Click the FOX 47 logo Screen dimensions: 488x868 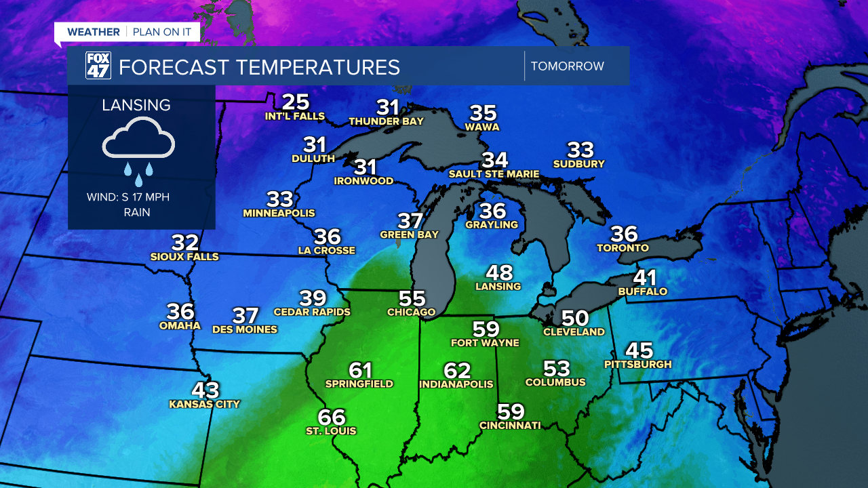(98, 66)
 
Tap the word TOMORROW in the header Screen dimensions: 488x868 (567, 66)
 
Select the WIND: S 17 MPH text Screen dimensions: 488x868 (128, 197)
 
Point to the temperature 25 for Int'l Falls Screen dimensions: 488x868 (296, 102)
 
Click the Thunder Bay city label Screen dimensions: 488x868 (386, 121)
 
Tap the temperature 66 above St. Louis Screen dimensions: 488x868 (332, 417)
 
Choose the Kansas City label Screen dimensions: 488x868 (205, 404)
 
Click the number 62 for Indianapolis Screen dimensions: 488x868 (457, 371)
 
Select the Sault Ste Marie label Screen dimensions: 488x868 (494, 174)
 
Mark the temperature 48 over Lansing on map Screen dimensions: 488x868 (499, 272)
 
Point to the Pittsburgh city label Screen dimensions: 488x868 (638, 364)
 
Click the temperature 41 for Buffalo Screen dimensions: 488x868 (645, 278)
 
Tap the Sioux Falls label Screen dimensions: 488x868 (184, 257)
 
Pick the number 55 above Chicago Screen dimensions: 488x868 (412, 298)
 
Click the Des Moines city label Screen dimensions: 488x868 (245, 329)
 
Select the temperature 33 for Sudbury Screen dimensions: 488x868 (580, 150)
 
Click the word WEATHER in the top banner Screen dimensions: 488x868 (94, 32)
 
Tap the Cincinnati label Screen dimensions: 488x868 (510, 425)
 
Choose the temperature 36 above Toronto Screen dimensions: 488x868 (624, 234)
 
